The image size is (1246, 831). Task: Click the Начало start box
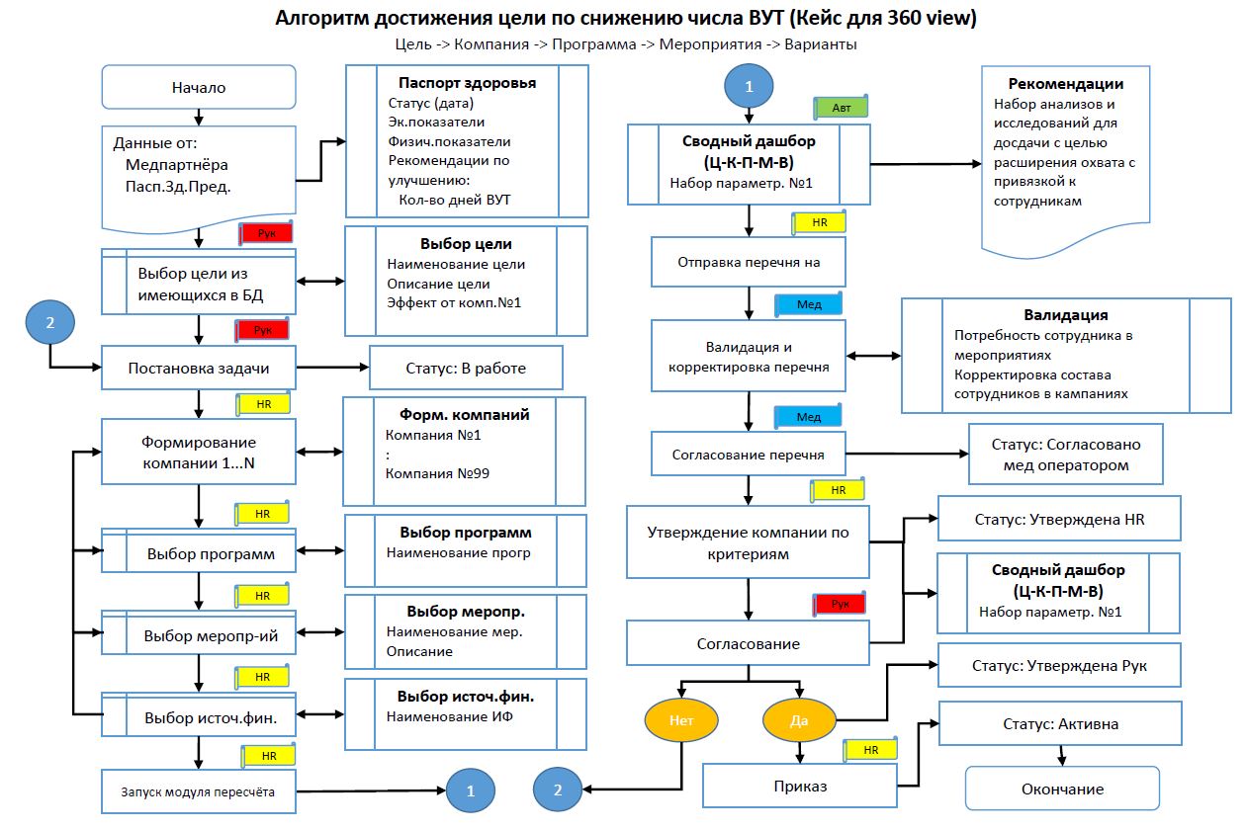click(199, 87)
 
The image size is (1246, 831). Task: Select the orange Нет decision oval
click(681, 720)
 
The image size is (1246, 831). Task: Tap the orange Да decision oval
click(799, 720)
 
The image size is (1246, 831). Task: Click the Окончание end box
click(1062, 789)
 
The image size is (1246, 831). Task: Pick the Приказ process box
click(800, 786)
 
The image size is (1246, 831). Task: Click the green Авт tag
click(841, 108)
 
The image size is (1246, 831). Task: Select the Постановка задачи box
click(199, 368)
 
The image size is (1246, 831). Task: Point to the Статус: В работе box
click(466, 368)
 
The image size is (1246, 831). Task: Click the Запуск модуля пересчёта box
click(199, 791)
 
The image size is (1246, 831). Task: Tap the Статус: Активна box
click(1060, 723)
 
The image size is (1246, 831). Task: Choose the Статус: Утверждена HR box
click(1059, 519)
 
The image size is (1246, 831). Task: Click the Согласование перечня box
click(749, 454)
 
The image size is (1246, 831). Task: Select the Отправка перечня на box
click(749, 262)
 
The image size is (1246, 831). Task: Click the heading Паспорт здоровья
click(467, 83)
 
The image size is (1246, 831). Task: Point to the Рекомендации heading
click(1066, 84)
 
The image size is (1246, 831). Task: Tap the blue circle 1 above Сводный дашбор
click(749, 86)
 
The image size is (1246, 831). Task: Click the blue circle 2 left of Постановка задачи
click(50, 322)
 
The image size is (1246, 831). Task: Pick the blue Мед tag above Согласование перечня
click(808, 416)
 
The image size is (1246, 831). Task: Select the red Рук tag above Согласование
click(840, 604)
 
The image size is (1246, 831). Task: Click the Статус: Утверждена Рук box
click(1059, 665)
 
